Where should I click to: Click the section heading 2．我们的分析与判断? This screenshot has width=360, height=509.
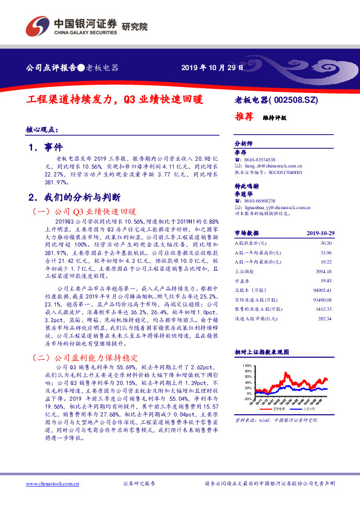[74, 197]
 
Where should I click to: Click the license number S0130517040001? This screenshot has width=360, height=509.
[284, 172]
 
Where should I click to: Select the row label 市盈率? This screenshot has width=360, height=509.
[242, 282]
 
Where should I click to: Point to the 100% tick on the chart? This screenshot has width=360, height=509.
[247, 366]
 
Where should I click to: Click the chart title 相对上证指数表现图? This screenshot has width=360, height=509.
[261, 351]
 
